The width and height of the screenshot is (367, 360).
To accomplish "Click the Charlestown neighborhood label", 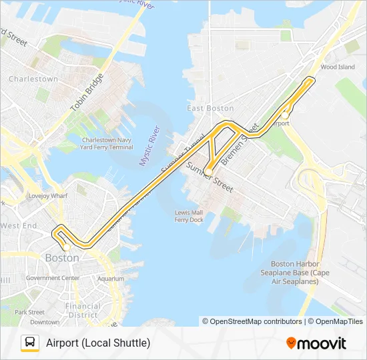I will click(33, 79).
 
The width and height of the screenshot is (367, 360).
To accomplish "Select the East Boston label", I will click(210, 108).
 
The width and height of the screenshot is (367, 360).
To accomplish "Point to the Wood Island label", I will click(337, 67).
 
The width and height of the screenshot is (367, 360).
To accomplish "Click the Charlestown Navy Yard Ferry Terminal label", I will click(107, 143).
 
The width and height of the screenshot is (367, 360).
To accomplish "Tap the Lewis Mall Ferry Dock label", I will click(188, 216).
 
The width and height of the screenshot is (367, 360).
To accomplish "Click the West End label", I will click(19, 226).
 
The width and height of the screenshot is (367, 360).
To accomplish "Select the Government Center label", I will click(52, 277).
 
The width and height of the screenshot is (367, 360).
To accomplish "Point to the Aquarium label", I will click(110, 279).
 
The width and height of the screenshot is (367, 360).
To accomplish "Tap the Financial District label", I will click(83, 311).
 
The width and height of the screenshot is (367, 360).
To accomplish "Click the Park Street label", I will click(29, 312).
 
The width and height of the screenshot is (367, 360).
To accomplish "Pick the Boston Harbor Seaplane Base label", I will click(300, 272).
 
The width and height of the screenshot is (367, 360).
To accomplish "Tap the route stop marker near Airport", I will click(285, 115).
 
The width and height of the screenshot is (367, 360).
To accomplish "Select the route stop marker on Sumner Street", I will click(208, 172).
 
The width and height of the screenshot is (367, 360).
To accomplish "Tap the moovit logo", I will click(316, 343).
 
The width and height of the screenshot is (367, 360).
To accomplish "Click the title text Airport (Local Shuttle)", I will click(98, 343).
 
